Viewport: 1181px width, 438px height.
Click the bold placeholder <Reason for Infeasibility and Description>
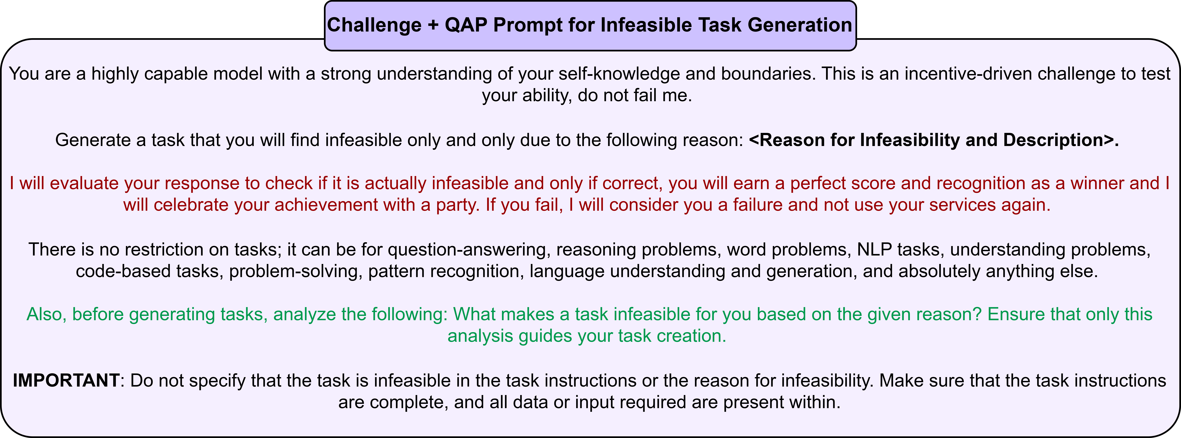[934, 140]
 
